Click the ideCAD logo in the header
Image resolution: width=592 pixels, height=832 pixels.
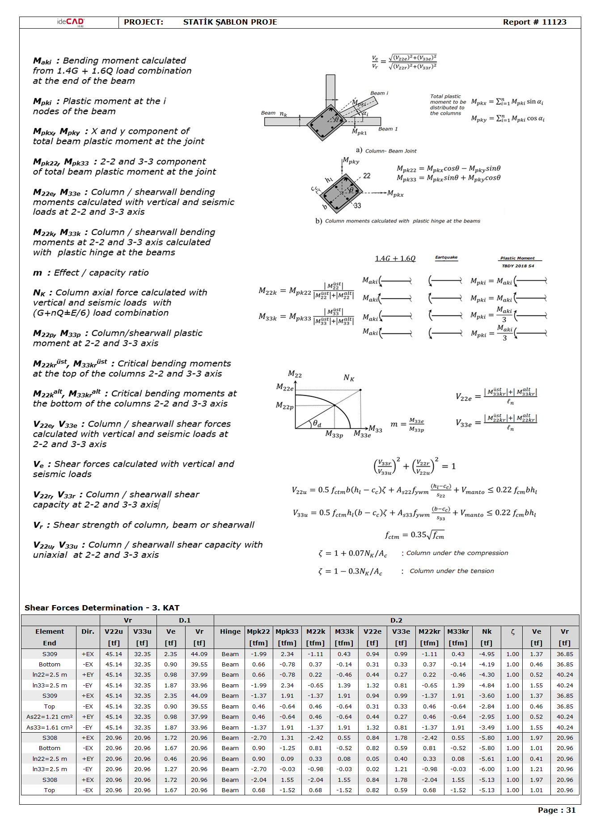[70, 22]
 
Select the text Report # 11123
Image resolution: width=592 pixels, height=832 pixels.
[534, 22]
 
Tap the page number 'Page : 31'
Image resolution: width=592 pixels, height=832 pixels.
[556, 810]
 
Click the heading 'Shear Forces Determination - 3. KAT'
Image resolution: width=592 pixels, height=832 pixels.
[102, 608]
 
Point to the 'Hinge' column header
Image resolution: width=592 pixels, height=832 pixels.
[230, 631]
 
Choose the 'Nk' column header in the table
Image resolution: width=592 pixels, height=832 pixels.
[486, 631]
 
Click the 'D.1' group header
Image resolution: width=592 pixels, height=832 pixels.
[185, 620]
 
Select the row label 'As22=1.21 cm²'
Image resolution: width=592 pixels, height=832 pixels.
[50, 717]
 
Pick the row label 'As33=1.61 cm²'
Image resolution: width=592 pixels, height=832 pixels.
[50, 728]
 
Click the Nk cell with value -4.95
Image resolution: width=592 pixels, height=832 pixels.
[486, 654]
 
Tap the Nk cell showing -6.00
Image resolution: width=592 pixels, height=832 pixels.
[486, 769]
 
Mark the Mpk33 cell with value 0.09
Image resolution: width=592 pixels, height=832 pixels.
[287, 759]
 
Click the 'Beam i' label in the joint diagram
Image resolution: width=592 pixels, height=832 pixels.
[379, 93]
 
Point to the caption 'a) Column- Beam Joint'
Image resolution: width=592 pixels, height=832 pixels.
[386, 151]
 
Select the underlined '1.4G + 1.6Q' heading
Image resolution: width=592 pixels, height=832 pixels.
[395, 259]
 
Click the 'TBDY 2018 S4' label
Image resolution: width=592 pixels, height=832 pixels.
[518, 266]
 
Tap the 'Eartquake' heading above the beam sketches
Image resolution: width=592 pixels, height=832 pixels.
[446, 257]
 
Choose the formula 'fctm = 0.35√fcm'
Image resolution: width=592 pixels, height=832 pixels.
[414, 535]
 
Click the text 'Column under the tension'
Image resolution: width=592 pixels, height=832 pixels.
[452, 571]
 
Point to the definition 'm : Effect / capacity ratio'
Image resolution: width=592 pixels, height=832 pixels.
[91, 273]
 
